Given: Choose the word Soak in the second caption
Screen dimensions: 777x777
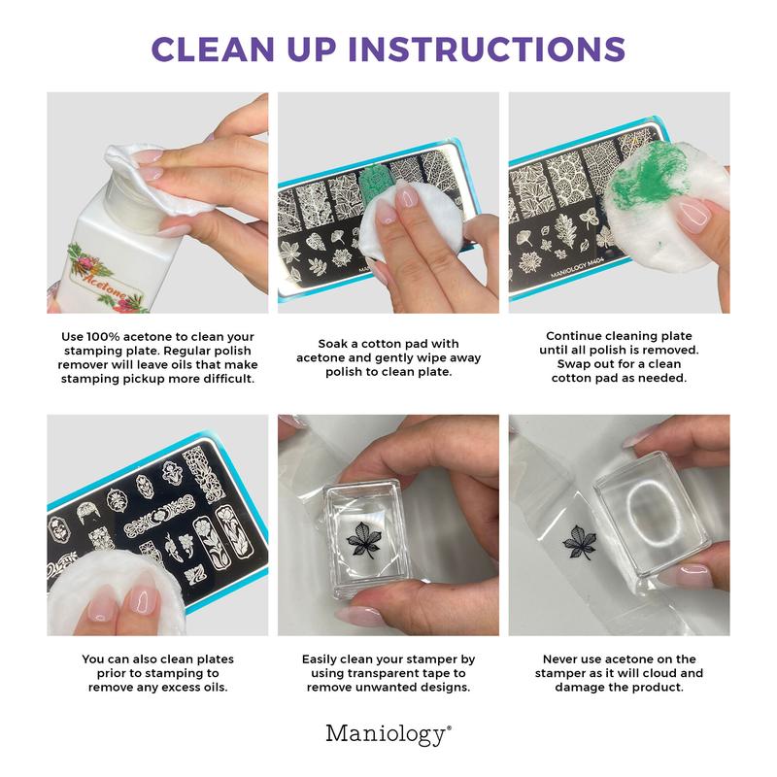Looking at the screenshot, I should point(335,344).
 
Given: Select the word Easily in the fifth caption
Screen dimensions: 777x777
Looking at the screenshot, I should point(323,659).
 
